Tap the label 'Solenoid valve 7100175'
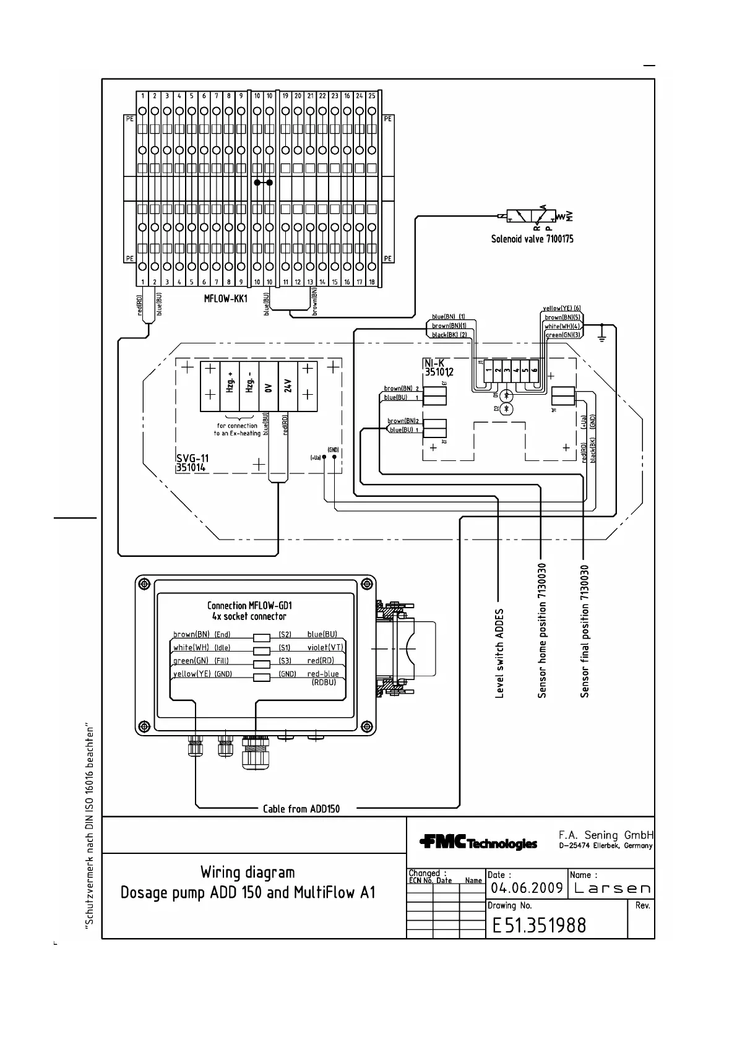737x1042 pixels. pos(532,239)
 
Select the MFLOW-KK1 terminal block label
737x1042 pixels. pos(226,299)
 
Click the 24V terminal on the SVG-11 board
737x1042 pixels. pos(288,386)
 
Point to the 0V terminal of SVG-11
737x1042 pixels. pos(268,386)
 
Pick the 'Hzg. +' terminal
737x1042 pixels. pos(230,386)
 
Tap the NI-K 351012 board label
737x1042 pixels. pos(439,368)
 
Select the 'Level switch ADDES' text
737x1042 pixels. pos(499,653)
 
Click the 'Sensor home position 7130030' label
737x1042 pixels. pos(542,631)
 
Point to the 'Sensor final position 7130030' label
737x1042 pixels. pos(585,631)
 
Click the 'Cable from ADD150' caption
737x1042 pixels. pos(301,808)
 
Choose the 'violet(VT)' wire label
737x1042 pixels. pos(325,647)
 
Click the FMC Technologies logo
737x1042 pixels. pos(478,843)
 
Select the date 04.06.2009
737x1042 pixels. pos(527,889)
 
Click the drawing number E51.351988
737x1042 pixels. pos(539,926)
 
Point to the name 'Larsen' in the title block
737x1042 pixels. pos(611,889)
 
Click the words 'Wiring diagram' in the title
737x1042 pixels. pos(248,872)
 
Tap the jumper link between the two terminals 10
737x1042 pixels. pos(263,183)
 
